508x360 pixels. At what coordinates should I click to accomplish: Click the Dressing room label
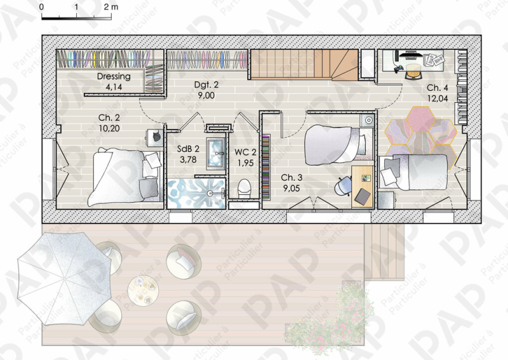[x=114, y=76]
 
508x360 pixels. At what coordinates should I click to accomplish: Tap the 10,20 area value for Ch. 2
[x=109, y=128]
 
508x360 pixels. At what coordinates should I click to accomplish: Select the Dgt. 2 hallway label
[x=206, y=85]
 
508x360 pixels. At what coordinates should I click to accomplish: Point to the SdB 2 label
[x=188, y=149]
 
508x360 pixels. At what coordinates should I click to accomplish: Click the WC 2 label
[x=245, y=152]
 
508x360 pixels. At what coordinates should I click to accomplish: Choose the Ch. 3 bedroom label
[x=291, y=178]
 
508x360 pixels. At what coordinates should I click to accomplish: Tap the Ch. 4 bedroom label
[x=438, y=88]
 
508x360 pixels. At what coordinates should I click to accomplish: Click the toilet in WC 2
[x=244, y=189]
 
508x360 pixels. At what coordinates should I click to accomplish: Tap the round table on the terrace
[x=143, y=290]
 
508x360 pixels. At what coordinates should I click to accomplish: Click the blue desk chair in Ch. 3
[x=343, y=186]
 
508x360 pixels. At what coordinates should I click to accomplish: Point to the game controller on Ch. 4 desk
[x=399, y=69]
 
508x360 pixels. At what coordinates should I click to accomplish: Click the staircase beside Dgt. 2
[x=305, y=65]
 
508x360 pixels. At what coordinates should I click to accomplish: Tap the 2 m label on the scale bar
[x=110, y=7]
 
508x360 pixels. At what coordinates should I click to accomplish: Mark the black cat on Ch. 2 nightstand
[x=157, y=136]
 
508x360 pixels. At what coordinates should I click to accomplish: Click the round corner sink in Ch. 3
[x=368, y=121]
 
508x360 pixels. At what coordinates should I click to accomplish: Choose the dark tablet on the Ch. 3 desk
[x=363, y=196]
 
